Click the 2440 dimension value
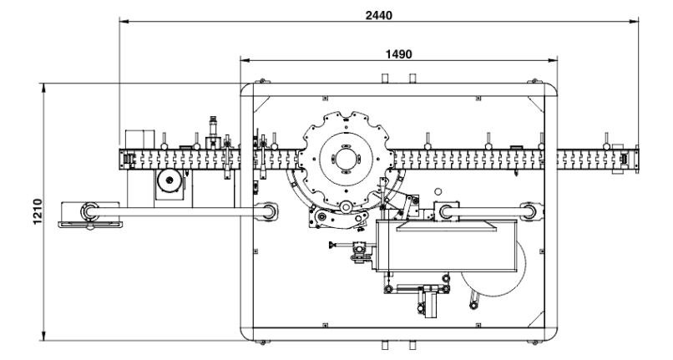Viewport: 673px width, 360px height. (x=378, y=16)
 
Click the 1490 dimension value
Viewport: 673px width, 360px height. (x=399, y=54)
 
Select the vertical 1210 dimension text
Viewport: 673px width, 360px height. (x=38, y=211)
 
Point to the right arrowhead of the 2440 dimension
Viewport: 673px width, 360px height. (x=634, y=21)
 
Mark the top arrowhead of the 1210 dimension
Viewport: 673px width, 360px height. (x=43, y=88)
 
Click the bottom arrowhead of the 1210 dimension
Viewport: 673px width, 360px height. (x=43, y=336)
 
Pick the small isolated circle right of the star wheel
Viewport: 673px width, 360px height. (x=438, y=191)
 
